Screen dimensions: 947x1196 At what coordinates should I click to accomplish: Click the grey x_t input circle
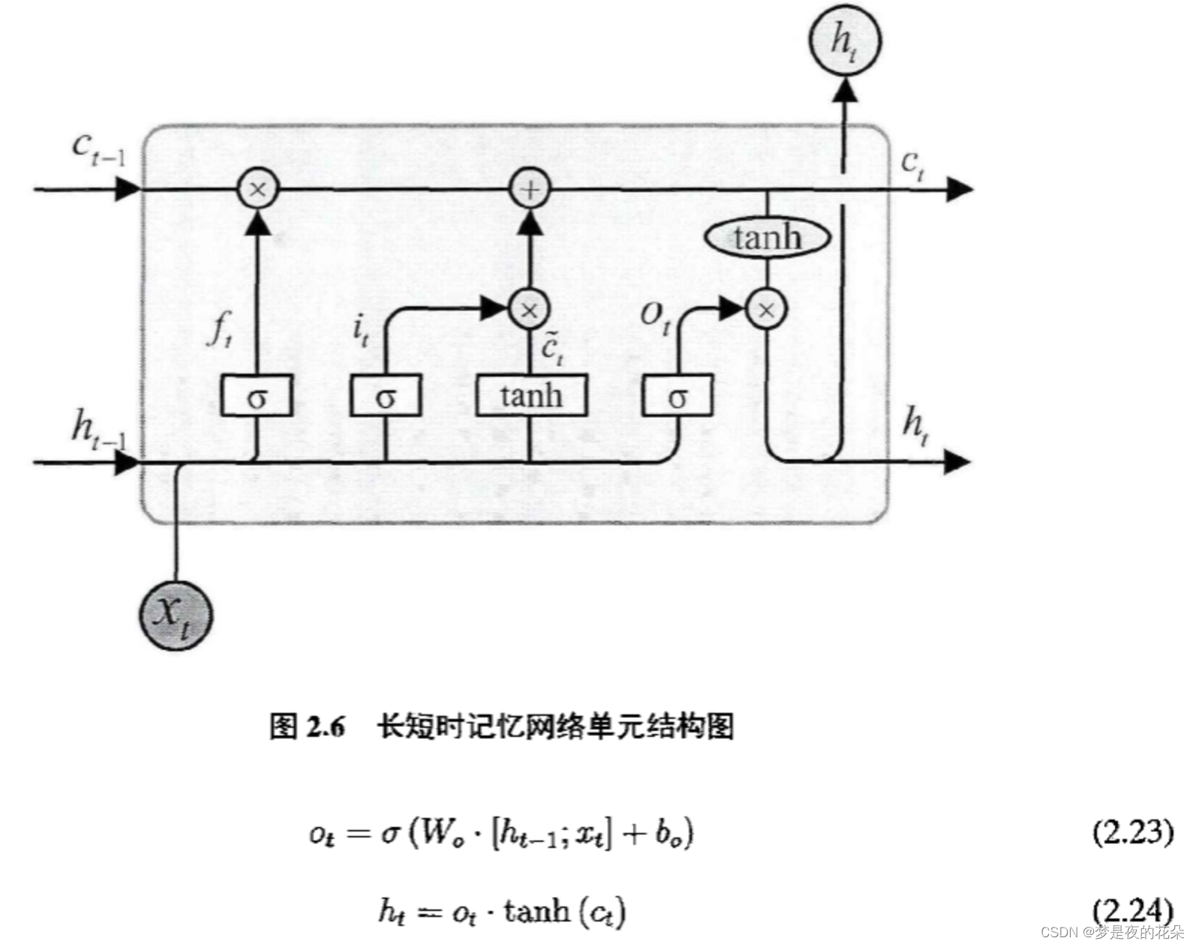click(x=176, y=615)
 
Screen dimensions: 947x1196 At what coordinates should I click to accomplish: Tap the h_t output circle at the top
click(x=844, y=40)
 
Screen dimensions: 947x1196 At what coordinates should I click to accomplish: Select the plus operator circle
click(x=530, y=188)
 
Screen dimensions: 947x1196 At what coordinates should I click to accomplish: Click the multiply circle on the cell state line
click(x=257, y=188)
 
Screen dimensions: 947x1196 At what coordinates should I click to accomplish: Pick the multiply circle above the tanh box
click(x=529, y=309)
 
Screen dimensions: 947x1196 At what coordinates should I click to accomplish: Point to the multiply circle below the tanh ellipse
click(x=766, y=309)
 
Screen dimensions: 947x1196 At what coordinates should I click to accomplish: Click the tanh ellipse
click(x=767, y=238)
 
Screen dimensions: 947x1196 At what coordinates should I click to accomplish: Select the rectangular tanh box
click(x=531, y=395)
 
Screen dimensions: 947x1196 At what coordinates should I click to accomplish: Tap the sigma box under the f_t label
click(x=257, y=395)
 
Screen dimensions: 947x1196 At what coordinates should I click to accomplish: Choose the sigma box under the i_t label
click(x=385, y=395)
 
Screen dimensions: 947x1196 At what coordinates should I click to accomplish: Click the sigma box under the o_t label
click(x=678, y=395)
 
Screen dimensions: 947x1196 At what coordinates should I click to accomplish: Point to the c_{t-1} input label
click(x=98, y=147)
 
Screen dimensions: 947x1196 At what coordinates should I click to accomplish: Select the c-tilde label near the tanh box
click(x=552, y=347)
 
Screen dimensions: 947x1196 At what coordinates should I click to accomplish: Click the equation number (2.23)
click(x=1132, y=831)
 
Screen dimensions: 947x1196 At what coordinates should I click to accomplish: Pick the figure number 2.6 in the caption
click(x=326, y=726)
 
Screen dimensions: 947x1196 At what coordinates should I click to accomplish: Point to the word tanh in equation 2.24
click(x=536, y=911)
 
